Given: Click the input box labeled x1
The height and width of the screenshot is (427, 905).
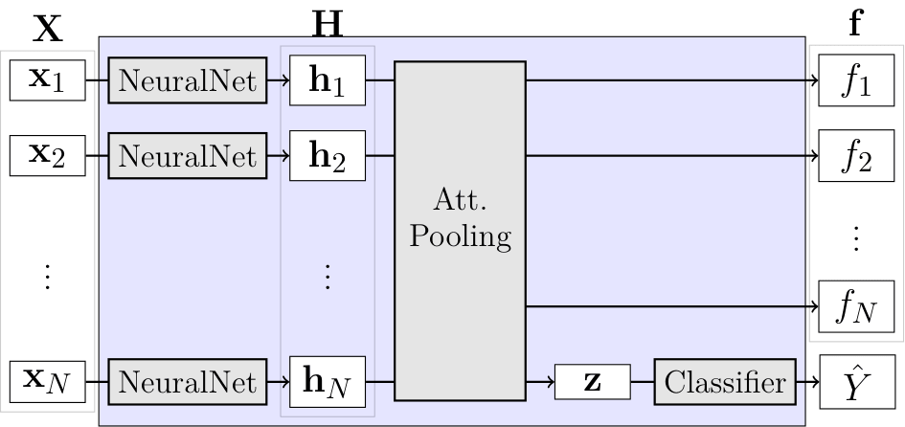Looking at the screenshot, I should tap(48, 80).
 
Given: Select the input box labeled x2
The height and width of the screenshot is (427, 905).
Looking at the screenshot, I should tap(48, 154).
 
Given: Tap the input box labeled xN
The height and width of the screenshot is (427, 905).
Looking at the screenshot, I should tap(48, 381).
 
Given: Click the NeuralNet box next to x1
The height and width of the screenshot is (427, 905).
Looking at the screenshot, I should tap(188, 81).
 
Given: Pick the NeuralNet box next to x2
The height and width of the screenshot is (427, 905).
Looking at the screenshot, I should tap(188, 154).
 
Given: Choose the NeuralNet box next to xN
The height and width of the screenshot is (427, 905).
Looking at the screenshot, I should tap(188, 382).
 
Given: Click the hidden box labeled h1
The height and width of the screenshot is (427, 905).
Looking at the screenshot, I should tap(328, 81).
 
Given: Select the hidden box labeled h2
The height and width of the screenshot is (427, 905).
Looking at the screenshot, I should tap(328, 155).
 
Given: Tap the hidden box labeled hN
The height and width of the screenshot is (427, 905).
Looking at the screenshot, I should tap(328, 382).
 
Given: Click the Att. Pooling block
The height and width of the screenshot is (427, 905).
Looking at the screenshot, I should tap(460, 231).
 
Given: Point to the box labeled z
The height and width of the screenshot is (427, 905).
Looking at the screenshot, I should tap(593, 382).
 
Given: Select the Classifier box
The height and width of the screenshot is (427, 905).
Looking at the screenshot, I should tap(726, 382).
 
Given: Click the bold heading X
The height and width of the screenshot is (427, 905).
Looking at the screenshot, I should tap(48, 30).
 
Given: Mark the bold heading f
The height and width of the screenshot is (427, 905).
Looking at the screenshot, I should tap(855, 24).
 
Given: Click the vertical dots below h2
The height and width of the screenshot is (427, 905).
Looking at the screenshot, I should tap(328, 276).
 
